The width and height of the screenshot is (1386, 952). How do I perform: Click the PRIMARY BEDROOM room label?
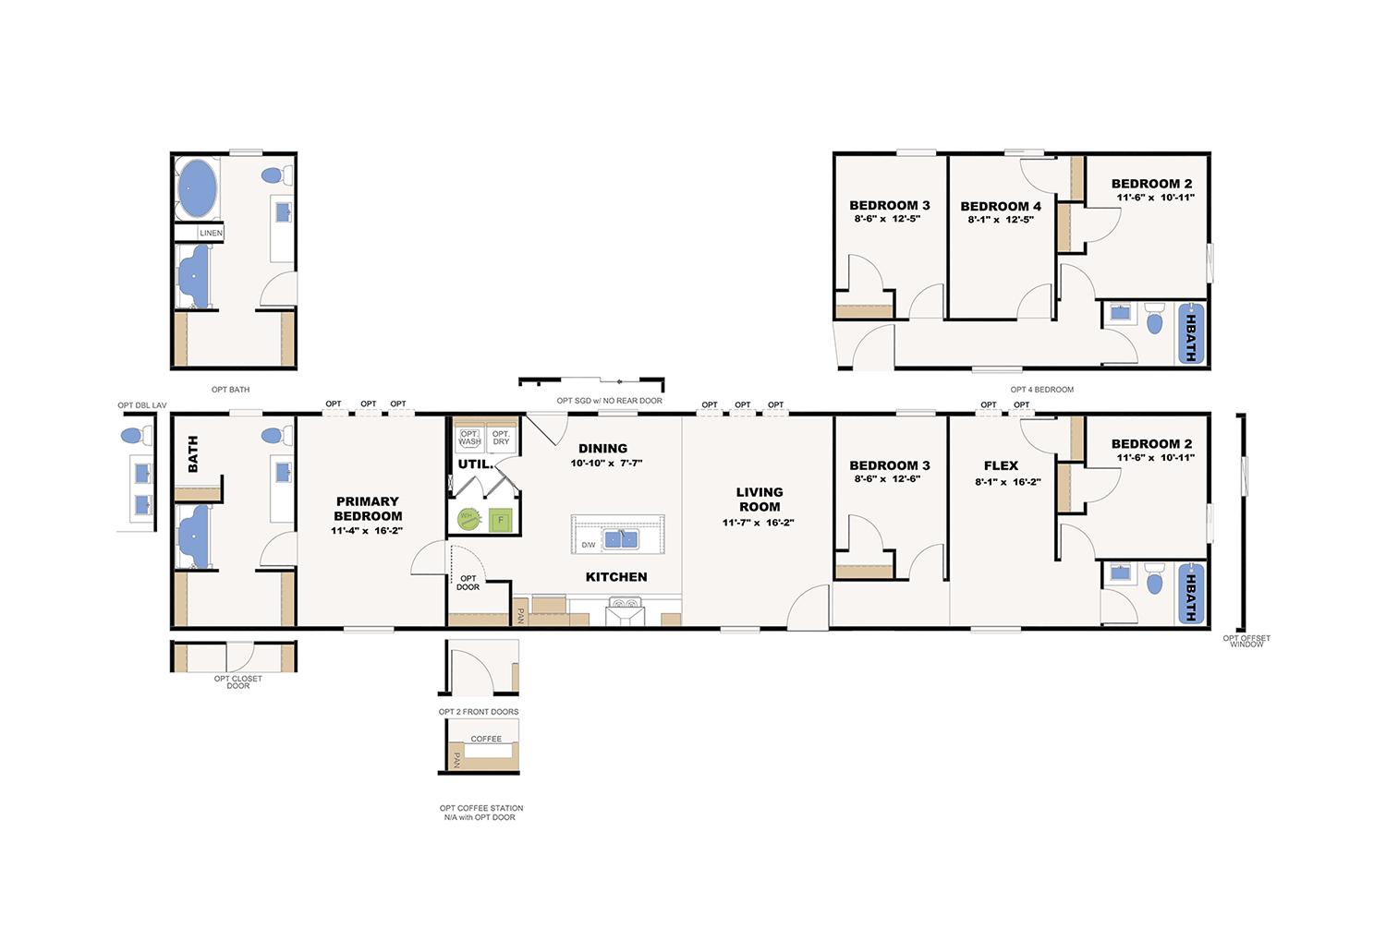pos(368,509)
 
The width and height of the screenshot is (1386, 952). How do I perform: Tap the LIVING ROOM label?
pos(760,500)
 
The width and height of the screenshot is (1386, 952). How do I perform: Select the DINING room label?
pos(602,448)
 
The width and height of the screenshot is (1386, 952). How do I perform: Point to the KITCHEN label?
pos(616,577)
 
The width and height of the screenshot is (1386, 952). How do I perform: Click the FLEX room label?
pos(1001,465)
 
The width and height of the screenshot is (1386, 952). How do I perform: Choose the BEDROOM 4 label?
pos(1001,207)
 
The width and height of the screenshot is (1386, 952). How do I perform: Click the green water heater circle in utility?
pos(469,519)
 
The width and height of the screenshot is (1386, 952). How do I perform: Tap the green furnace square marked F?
pos(501,520)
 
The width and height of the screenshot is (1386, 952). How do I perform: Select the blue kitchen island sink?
pos(621,539)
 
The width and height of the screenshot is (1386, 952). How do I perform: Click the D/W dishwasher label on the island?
pos(589,545)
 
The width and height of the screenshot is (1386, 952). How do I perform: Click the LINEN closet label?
pos(211,233)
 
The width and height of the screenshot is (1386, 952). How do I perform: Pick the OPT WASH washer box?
pos(469,438)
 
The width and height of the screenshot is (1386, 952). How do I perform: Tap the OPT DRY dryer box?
pos(501,438)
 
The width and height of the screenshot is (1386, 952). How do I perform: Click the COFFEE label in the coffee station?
pos(486,739)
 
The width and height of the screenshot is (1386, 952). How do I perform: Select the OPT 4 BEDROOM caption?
pos(1042,390)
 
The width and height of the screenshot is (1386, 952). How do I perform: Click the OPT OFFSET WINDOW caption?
pos(1246,641)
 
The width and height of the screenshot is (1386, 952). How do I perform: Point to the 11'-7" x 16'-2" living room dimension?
pos(758,523)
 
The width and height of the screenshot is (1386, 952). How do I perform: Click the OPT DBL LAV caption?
pos(142,405)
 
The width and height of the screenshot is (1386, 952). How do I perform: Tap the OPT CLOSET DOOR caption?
pos(238,681)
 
